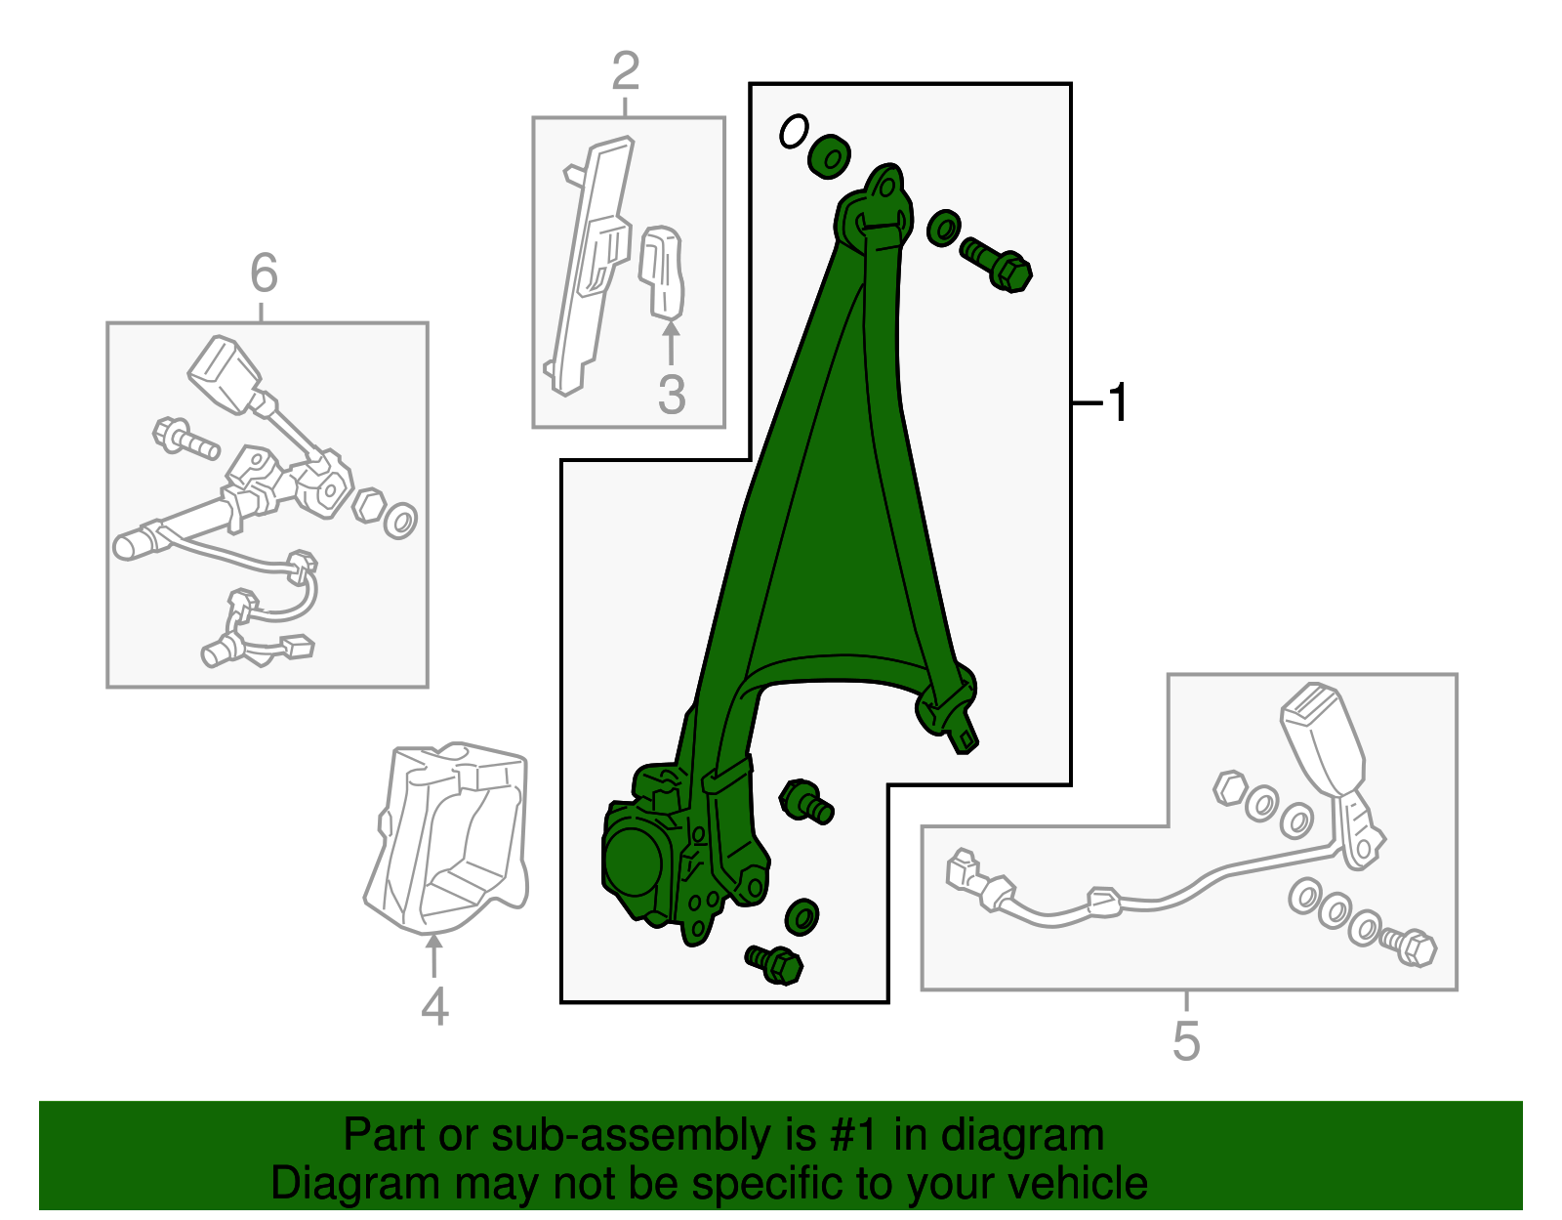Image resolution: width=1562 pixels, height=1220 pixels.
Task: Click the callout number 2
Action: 626,70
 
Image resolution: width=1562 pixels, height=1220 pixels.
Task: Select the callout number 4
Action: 434,1006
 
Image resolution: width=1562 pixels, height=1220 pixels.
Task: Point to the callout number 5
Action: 1186,1041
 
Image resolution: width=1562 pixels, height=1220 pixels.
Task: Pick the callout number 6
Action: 264,273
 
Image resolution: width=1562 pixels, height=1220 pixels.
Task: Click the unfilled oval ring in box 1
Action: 794,132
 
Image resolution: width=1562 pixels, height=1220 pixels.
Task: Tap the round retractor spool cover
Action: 633,862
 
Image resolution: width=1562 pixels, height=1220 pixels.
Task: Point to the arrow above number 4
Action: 433,955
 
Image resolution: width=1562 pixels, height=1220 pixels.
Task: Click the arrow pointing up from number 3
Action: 671,344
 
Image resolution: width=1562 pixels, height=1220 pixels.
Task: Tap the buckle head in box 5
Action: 1322,739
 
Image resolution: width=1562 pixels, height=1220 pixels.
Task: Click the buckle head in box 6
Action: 225,374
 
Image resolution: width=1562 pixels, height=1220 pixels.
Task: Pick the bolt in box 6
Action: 185,437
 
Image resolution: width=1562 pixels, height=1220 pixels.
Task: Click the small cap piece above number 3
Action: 661,273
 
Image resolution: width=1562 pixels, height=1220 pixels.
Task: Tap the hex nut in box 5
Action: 1230,788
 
